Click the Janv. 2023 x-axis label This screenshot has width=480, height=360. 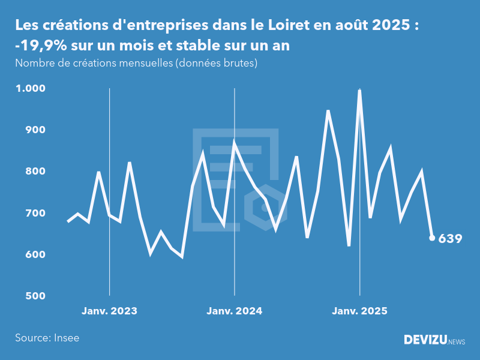coord(109,311)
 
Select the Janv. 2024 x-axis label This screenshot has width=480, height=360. coord(234,311)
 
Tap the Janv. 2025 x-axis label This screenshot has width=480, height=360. coord(359,311)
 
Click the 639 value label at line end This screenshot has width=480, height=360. coord(450,239)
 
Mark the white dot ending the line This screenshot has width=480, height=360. coord(432,238)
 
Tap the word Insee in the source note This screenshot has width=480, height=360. coord(66,338)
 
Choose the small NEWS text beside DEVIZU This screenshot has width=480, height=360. coord(457,342)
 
